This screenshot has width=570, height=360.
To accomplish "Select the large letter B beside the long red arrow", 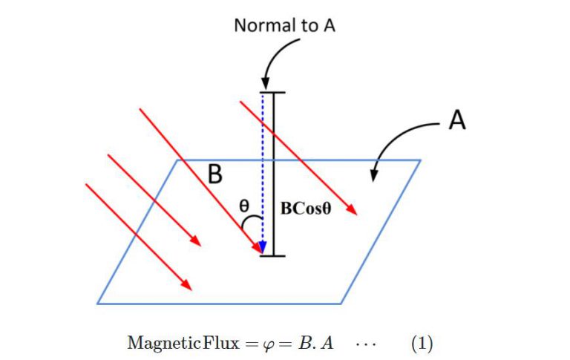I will pyautogui.click(x=215, y=174).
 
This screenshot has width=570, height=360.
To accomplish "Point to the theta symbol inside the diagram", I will pyautogui.click(x=243, y=206).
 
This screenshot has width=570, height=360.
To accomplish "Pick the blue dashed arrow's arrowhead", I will pyautogui.click(x=262, y=248).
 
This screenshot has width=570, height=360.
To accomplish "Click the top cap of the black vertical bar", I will pyautogui.click(x=274, y=93).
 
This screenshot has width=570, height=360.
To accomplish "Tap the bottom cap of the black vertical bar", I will pyautogui.click(x=274, y=256).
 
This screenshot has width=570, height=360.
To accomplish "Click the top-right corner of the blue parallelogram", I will pyautogui.click(x=420, y=160).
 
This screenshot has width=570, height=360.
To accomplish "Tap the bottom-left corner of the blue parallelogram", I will pyautogui.click(x=98, y=303).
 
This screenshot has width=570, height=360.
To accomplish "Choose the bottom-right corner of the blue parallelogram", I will pyautogui.click(x=341, y=303).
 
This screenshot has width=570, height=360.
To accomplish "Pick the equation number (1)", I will pyautogui.click(x=422, y=344).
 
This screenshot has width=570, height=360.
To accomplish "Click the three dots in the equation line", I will pyautogui.click(x=365, y=344).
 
